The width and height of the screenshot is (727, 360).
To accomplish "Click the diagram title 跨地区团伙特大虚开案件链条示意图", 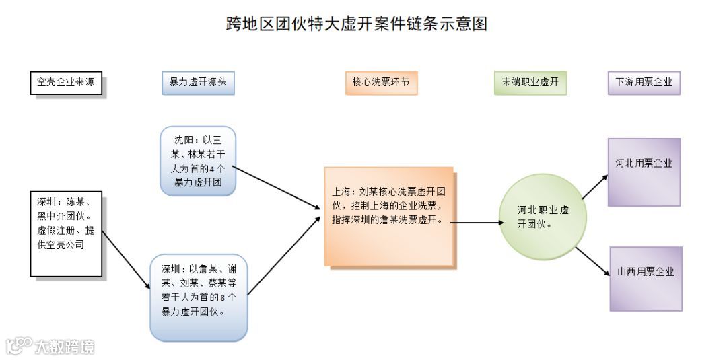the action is click(x=357, y=24).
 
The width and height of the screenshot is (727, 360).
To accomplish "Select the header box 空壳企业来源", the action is click(x=66, y=83).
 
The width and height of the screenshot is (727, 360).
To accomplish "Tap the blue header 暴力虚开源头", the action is click(x=198, y=83).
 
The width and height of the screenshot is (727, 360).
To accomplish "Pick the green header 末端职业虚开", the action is click(x=530, y=83).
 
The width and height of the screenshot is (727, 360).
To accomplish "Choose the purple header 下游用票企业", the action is click(x=644, y=83).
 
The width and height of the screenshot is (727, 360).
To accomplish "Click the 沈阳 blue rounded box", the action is click(x=198, y=161).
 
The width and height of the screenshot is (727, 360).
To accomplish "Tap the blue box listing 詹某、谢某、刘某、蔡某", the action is click(x=198, y=296).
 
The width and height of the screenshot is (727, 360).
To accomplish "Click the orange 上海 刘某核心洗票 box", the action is click(x=388, y=215).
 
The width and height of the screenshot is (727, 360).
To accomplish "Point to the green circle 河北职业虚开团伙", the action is click(x=543, y=217).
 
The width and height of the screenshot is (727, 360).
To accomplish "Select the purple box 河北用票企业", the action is click(x=644, y=172).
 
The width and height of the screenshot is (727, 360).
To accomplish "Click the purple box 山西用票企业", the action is click(x=646, y=279).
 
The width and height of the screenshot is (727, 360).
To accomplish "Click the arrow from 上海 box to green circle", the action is click(x=475, y=221).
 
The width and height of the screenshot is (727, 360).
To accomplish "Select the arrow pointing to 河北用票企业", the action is click(x=594, y=186).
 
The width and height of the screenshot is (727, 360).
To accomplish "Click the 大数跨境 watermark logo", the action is click(x=50, y=346).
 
